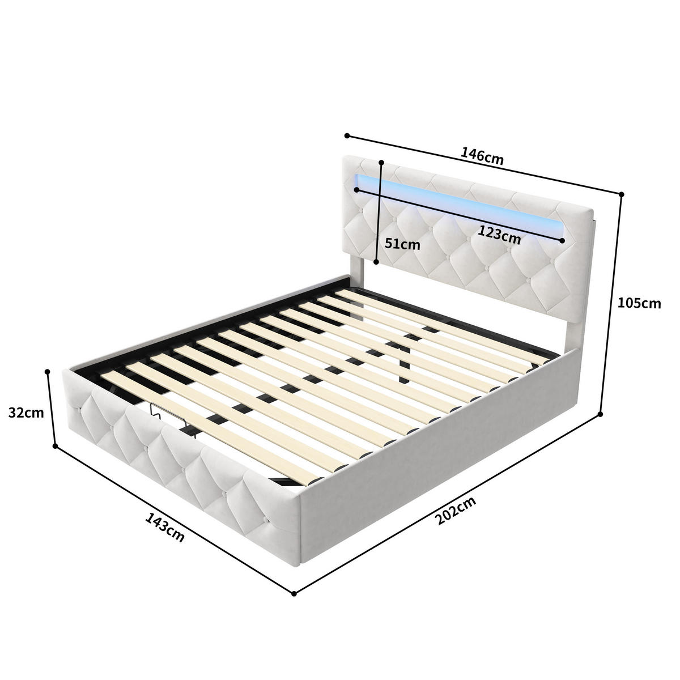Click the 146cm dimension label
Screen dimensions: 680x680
pos(482,155)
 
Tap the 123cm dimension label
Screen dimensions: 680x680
pos(499,233)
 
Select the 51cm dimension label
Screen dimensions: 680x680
pos(402,244)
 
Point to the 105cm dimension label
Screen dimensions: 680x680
pos(639,303)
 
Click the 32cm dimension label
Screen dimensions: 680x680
pos(26,413)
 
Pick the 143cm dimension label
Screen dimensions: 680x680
pos(165,528)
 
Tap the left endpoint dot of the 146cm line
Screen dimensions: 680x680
pos(347,136)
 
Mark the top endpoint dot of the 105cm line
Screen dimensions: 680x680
pos(622,194)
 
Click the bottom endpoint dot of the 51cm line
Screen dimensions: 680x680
pos(376,262)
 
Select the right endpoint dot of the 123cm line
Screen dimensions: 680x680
pos(563,241)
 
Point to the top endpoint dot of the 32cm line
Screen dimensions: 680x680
pos(48,372)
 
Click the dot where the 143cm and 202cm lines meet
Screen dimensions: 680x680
pos(294,593)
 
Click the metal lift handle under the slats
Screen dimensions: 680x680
pos(173,416)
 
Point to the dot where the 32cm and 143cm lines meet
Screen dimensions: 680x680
pos(55,446)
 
